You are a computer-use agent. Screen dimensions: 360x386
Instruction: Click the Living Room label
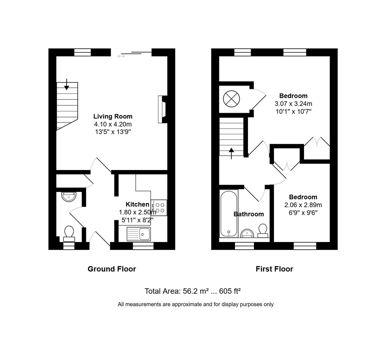pos(113,116)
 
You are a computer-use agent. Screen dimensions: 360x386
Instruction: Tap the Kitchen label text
pos(137,204)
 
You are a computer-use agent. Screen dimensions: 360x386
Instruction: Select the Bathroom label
pos(249,214)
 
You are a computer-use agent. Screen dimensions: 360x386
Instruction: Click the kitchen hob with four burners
pos(159,208)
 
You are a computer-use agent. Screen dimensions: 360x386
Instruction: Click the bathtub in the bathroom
pos(229,213)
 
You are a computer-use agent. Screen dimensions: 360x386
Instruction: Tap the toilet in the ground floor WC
pos(69,233)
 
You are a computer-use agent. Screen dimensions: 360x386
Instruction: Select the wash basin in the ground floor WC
pos(69,196)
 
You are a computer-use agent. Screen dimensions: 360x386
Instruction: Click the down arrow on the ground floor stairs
pos(67,85)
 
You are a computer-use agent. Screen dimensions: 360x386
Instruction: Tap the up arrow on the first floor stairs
pos(232,154)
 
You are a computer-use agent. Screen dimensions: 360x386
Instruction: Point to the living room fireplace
pos(162,110)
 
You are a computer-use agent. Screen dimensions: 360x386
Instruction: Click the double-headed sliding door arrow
pos(121,56)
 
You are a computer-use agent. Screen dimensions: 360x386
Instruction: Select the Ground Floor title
pos(112,269)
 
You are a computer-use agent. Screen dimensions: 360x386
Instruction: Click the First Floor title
pos(274,269)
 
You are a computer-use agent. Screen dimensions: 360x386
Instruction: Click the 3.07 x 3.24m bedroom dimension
pos(293,104)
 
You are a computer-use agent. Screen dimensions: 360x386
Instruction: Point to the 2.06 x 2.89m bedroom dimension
pos(303,205)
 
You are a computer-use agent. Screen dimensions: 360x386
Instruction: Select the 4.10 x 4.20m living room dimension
pos(113,124)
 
